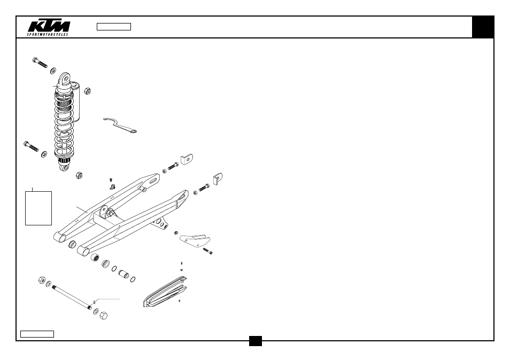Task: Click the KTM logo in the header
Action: pyautogui.click(x=49, y=27)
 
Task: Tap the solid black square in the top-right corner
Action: pyautogui.click(x=483, y=27)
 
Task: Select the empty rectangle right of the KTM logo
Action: pyautogui.click(x=114, y=27)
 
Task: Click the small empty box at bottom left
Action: pyautogui.click(x=37, y=334)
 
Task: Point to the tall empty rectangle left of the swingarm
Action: pyautogui.click(x=38, y=208)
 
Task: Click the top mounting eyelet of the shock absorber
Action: pyautogui.click(x=65, y=79)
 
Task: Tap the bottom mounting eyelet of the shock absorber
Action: pyautogui.click(x=65, y=168)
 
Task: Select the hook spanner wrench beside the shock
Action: pyautogui.click(x=120, y=126)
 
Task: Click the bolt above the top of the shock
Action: pyautogui.click(x=40, y=62)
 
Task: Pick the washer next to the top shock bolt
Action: pyautogui.click(x=53, y=71)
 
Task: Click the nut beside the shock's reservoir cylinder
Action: pyautogui.click(x=87, y=91)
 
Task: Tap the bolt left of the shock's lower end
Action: pyautogui.click(x=31, y=146)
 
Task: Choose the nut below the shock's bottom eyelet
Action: pyautogui.click(x=79, y=175)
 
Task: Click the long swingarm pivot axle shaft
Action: pyautogui.click(x=72, y=298)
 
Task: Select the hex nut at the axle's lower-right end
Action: pyautogui.click(x=103, y=315)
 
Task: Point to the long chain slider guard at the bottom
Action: pyautogui.click(x=165, y=292)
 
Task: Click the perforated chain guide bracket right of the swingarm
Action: pyautogui.click(x=195, y=240)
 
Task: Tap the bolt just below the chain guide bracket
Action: pyautogui.click(x=207, y=251)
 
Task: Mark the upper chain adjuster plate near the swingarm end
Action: pyautogui.click(x=187, y=159)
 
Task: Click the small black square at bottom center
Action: pyautogui.click(x=256, y=341)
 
